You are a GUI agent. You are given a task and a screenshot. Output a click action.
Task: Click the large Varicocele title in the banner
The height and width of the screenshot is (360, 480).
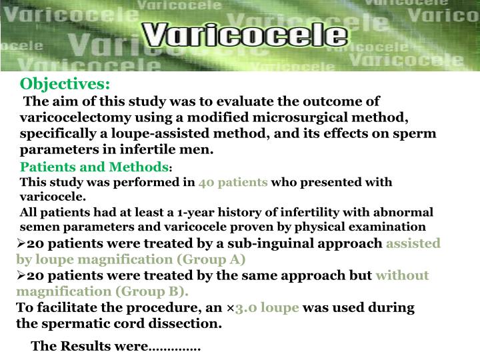[245, 35]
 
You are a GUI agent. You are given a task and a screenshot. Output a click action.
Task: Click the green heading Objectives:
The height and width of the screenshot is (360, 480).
[65, 84]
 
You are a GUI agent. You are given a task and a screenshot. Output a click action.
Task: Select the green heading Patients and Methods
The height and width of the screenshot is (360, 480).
[94, 166]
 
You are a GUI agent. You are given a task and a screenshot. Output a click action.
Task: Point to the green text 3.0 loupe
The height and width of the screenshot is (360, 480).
[267, 308]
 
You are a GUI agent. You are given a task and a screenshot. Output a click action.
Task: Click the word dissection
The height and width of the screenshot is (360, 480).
[189, 324]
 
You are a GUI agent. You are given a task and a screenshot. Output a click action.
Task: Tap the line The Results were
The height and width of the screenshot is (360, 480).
[115, 346]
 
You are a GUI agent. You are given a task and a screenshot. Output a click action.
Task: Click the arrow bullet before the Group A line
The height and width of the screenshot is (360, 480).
[21, 243]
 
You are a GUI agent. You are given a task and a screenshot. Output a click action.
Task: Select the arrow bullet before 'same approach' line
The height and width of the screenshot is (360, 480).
[21, 275]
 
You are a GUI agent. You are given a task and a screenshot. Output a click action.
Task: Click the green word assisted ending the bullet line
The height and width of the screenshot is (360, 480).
[413, 243]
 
